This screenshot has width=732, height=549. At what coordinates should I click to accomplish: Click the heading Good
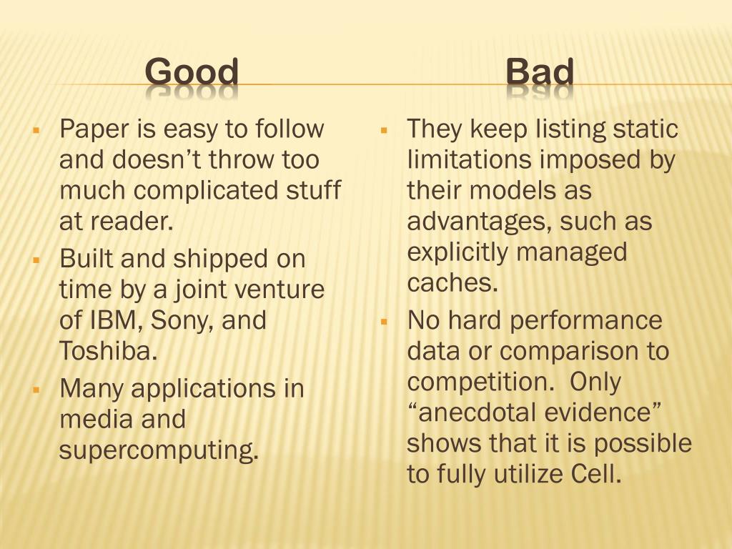192,72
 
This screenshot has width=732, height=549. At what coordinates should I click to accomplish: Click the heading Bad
539,72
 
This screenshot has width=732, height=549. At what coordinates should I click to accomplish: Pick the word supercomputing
159,450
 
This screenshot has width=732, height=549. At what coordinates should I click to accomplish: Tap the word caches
452,282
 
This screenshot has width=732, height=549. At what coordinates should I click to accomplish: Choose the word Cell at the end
596,475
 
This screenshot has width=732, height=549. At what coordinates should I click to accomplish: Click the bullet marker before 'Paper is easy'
36,130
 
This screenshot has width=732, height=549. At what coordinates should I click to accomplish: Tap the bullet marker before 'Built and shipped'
36,260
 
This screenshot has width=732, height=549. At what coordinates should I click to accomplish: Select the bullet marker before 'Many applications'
36,390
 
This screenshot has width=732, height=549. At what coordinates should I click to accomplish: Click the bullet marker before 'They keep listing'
384,130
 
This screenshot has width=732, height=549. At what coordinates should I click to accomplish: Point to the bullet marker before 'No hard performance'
384,322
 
